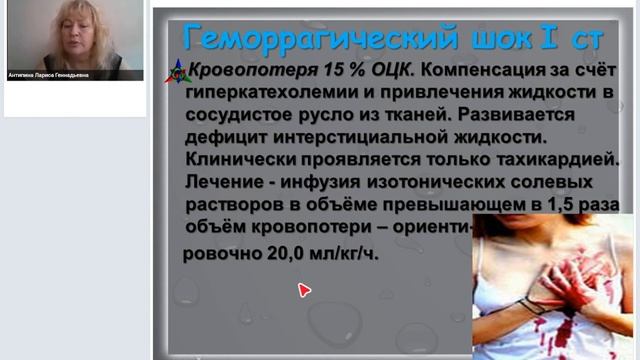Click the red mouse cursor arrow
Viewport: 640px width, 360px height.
pos(304,290)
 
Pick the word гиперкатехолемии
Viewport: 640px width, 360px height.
pos(266,93)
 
